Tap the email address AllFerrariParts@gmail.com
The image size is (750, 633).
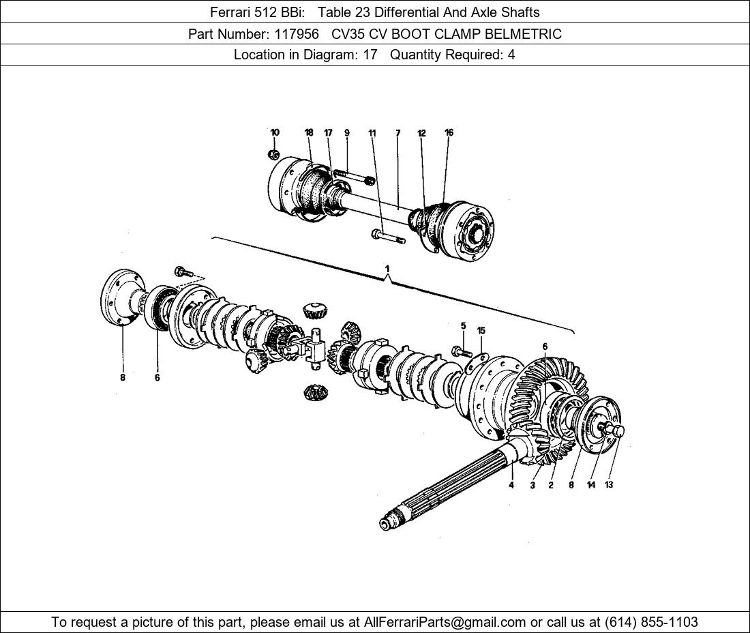[x=445, y=622]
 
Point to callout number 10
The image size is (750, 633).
[x=275, y=132]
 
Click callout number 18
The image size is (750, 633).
[x=309, y=132]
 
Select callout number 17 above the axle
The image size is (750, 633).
[x=328, y=132]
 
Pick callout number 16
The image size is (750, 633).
[x=449, y=132]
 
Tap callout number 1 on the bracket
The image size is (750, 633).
[x=387, y=268]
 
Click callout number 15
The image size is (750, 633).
[x=481, y=331]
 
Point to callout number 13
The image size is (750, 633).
[x=609, y=485]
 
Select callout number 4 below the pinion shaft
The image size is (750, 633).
[x=511, y=485]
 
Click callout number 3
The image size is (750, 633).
[x=532, y=485]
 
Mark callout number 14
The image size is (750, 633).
[x=591, y=485]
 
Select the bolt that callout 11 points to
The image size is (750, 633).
[x=388, y=237]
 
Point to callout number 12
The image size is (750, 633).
[x=421, y=133]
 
